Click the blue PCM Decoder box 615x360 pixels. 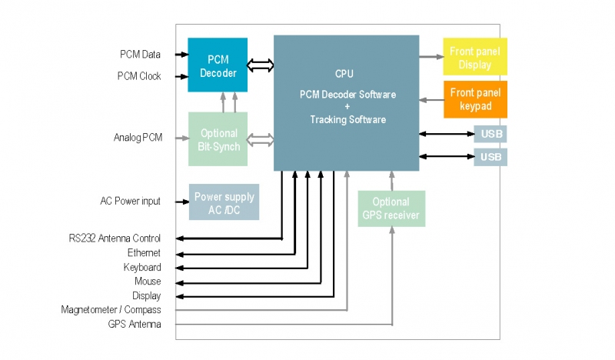(218, 65)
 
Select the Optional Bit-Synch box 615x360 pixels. (218, 139)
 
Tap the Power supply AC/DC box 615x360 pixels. (224, 202)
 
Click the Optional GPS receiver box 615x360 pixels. (391, 208)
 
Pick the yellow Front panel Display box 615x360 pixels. (475, 58)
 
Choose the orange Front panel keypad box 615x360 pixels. (475, 99)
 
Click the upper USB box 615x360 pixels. (490, 135)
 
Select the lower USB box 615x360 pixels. (490, 157)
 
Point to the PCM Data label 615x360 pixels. (140, 55)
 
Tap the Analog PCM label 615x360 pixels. (138, 138)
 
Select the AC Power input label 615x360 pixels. (131, 202)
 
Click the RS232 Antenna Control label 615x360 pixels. (115, 238)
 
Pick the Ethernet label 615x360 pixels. (144, 253)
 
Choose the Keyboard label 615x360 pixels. (142, 267)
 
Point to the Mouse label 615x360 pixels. (148, 282)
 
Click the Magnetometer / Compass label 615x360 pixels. (111, 310)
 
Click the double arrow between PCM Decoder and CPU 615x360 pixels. (260, 65)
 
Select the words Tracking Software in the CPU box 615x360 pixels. (347, 120)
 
